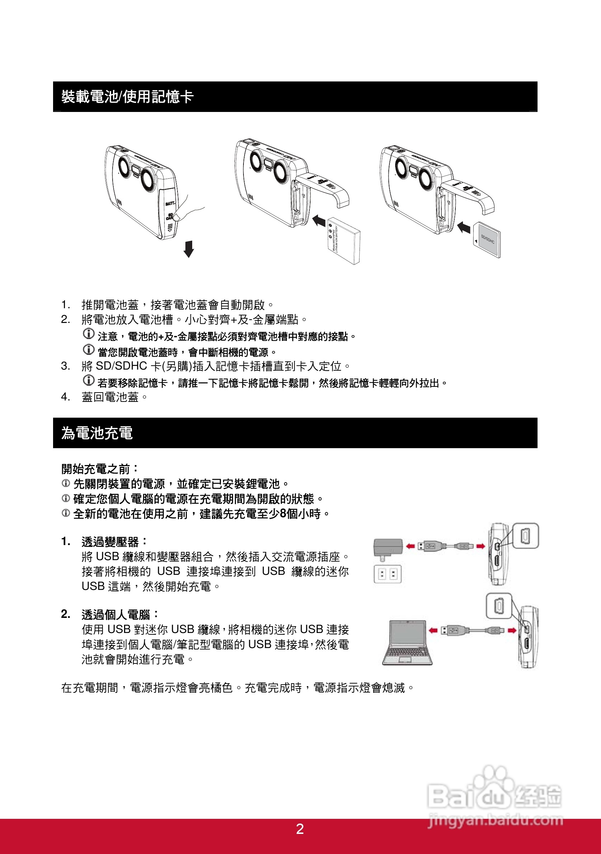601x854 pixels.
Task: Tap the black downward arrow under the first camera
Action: coord(189,249)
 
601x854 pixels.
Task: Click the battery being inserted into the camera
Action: coord(344,241)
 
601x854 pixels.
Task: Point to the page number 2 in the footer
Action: coord(300,829)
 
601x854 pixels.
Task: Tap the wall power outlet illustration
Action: coord(387,574)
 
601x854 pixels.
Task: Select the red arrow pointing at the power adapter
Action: coord(410,546)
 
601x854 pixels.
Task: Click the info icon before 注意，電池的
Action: coord(89,334)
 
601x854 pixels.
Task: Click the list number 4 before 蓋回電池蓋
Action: coord(65,397)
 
